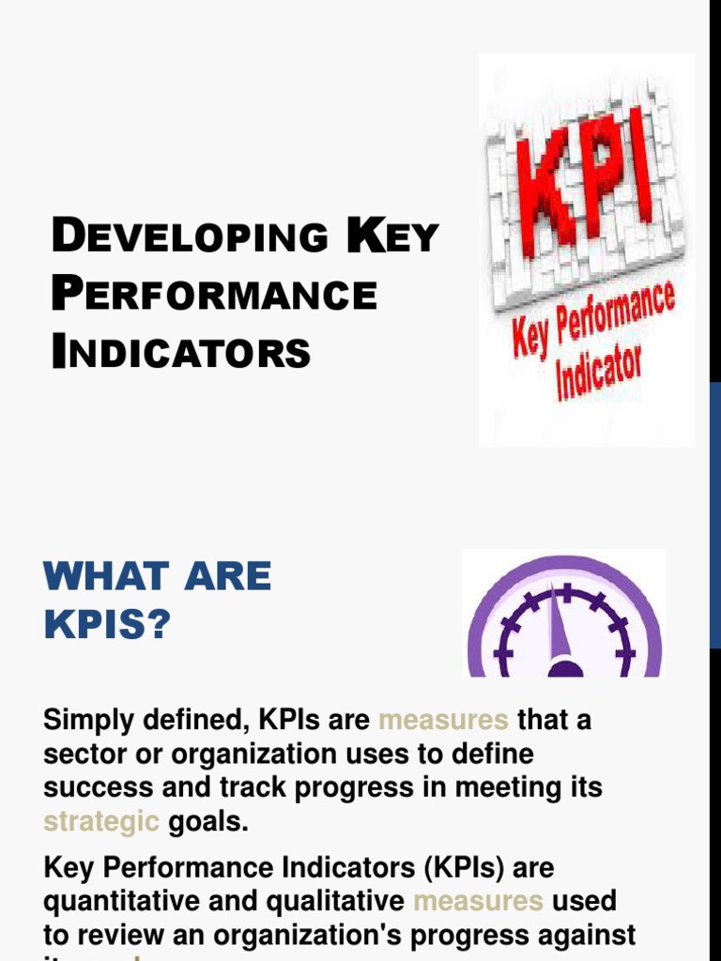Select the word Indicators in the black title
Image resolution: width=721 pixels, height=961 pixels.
coord(181,353)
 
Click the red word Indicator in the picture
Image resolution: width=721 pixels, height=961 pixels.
coord(599,374)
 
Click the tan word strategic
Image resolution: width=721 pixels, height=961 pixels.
coord(101,822)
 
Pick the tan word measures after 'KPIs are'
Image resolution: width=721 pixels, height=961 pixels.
coord(443,721)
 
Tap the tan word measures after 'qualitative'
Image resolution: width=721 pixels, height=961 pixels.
coord(478,901)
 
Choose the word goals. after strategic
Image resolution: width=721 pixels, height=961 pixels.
coord(208,822)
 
